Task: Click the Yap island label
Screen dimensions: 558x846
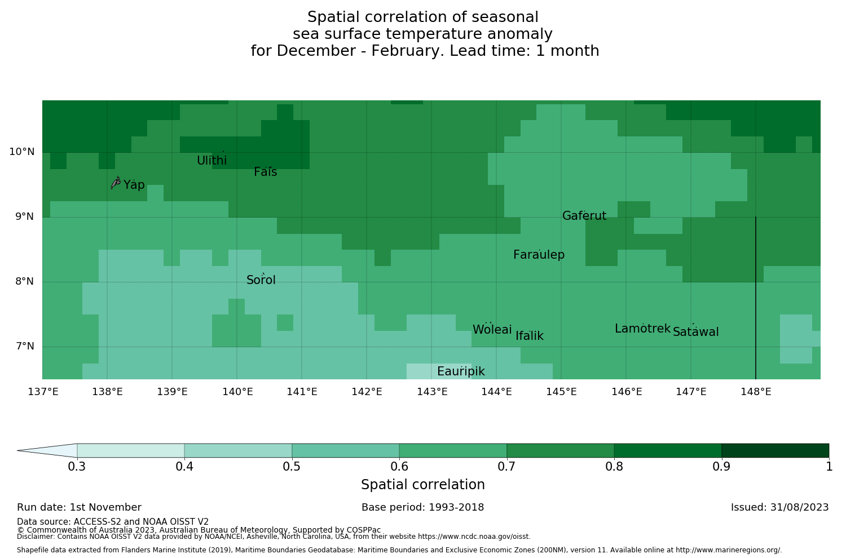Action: tap(134, 185)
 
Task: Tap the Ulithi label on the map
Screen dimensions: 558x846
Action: tap(211, 161)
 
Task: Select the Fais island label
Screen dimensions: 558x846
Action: tap(265, 172)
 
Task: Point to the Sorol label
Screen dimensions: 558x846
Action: tap(261, 280)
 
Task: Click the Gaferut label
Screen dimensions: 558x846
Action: tap(584, 216)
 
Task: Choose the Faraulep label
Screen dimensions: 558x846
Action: tap(539, 255)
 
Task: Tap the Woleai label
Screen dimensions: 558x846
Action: tap(492, 330)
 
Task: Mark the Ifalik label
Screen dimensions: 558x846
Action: tap(530, 336)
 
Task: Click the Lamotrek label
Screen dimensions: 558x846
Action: tap(642, 329)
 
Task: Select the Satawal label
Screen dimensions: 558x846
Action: tap(695, 332)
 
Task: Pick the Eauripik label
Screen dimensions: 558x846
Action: tap(461, 371)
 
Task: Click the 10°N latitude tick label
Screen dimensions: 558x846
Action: tap(21, 152)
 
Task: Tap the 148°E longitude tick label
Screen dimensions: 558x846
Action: tap(756, 392)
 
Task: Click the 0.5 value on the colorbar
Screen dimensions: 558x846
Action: tap(292, 467)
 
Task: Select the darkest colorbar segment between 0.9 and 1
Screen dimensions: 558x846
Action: tap(775, 450)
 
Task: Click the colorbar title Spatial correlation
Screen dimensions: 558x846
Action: tap(422, 485)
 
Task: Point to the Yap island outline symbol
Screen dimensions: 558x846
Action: tap(116, 183)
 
